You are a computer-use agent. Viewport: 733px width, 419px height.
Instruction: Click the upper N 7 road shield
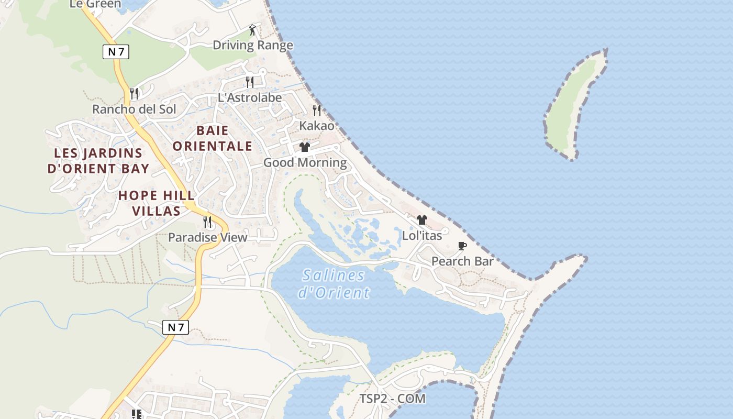pyautogui.click(x=116, y=51)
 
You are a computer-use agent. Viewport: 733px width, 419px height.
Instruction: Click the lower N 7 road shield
pyautogui.click(x=175, y=327)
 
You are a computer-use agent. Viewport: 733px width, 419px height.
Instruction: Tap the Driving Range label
pyautogui.click(x=253, y=45)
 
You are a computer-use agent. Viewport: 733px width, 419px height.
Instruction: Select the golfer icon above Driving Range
pyautogui.click(x=253, y=30)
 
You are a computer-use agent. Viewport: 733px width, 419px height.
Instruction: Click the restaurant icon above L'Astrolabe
pyautogui.click(x=250, y=82)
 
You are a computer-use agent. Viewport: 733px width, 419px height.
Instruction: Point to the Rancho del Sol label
pyautogui.click(x=134, y=109)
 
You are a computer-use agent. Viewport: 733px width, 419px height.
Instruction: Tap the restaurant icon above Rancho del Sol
pyautogui.click(x=134, y=94)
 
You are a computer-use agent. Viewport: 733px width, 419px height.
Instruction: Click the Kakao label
pyautogui.click(x=317, y=125)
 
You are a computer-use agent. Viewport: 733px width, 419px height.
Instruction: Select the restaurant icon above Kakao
pyautogui.click(x=317, y=110)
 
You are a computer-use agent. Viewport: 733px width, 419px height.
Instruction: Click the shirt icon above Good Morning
pyautogui.click(x=305, y=147)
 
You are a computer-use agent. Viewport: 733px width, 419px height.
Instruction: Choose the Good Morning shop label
pyautogui.click(x=305, y=162)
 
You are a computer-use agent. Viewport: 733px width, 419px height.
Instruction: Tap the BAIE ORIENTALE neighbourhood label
pyautogui.click(x=213, y=138)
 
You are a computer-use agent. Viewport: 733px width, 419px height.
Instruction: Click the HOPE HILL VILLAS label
pyautogui.click(x=156, y=203)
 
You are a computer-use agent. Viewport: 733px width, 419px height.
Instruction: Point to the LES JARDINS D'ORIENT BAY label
pyautogui.click(x=98, y=161)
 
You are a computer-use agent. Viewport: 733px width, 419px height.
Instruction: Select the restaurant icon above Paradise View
pyautogui.click(x=207, y=222)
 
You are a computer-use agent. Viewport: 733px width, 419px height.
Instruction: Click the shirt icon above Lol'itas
pyautogui.click(x=422, y=220)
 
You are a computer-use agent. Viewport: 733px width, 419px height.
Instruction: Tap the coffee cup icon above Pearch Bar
pyautogui.click(x=462, y=246)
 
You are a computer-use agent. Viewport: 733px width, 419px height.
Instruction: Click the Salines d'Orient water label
pyautogui.click(x=334, y=283)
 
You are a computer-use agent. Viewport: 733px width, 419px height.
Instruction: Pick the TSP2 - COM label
pyautogui.click(x=392, y=399)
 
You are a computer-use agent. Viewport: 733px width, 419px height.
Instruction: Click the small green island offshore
pyautogui.click(x=573, y=105)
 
